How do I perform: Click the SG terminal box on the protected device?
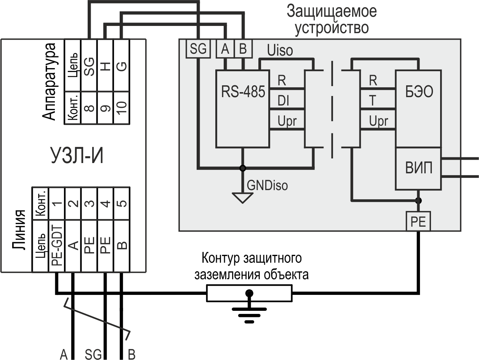(198, 49)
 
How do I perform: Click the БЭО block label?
(419, 92)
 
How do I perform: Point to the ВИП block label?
(418, 168)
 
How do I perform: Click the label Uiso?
(280, 50)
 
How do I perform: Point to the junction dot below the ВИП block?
(418, 200)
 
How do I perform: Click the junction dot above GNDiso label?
(242, 168)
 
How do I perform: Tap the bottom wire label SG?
(93, 355)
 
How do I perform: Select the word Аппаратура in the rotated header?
(50, 82)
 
